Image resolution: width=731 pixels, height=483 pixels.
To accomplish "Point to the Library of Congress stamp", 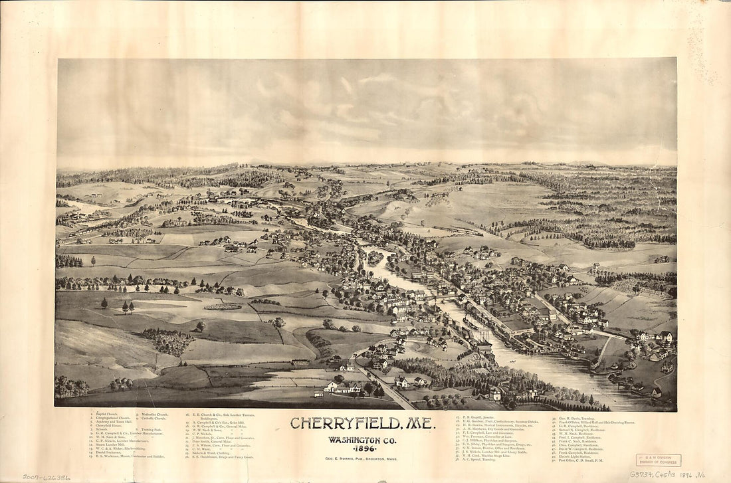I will coord(658,460).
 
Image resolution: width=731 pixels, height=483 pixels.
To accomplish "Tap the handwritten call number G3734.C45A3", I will coord(658,474).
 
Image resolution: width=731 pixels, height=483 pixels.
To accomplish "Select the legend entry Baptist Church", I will coord(107,414).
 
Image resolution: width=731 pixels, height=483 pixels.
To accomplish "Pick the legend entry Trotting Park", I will coord(152,429).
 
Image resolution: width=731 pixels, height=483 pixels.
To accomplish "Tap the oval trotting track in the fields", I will coord(223,306).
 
